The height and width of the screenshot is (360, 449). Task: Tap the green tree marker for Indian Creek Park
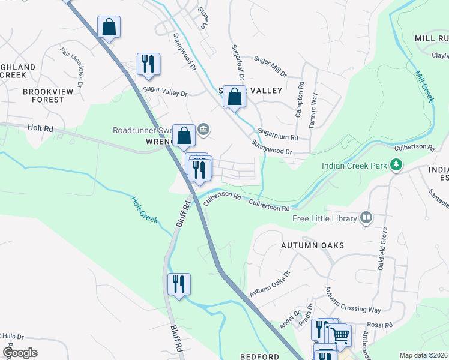396,164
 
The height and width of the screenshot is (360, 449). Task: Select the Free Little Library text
324,218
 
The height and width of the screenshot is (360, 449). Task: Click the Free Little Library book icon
366,218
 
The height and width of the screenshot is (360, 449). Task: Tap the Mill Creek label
424,87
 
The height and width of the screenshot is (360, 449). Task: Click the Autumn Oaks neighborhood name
313,245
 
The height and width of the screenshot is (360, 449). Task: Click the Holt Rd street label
40,128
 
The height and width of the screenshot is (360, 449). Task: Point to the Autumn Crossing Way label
353,300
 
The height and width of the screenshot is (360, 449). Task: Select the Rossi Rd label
381,325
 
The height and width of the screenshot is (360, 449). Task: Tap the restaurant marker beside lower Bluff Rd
178,283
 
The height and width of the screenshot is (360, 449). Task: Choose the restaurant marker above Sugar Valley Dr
148,64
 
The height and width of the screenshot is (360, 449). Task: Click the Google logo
20,353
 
